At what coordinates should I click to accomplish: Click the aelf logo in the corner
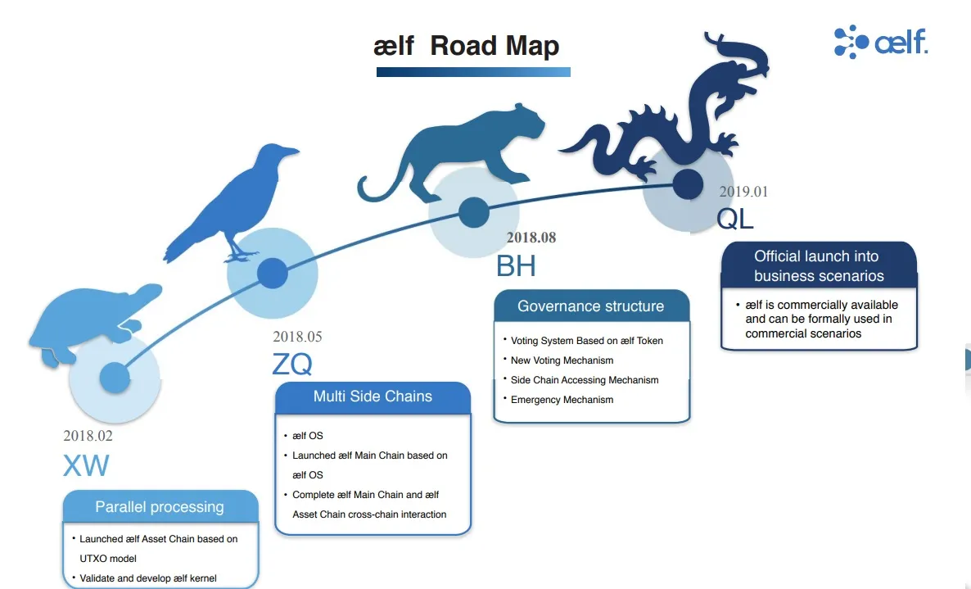pyautogui.click(x=881, y=42)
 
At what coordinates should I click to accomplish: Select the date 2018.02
pyautogui.click(x=88, y=436)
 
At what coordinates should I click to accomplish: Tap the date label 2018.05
pyautogui.click(x=297, y=337)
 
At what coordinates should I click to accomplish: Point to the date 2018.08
pyautogui.click(x=531, y=238)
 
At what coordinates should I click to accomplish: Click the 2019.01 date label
pyautogui.click(x=743, y=192)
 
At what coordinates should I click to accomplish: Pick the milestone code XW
pyautogui.click(x=86, y=465)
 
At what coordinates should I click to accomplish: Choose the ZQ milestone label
pyautogui.click(x=292, y=364)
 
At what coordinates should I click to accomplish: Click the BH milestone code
pyautogui.click(x=516, y=265)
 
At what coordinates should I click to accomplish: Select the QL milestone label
pyautogui.click(x=735, y=219)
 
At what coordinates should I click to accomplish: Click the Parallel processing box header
pyautogui.click(x=160, y=506)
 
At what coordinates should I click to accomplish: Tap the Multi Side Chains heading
pyautogui.click(x=373, y=397)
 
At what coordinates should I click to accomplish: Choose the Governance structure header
pyautogui.click(x=591, y=306)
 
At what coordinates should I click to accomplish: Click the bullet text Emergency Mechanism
pyautogui.click(x=562, y=400)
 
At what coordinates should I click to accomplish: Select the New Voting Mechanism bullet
pyautogui.click(x=562, y=360)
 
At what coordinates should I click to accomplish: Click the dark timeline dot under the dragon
pyautogui.click(x=688, y=184)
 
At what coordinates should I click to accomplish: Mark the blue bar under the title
pyautogui.click(x=473, y=72)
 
